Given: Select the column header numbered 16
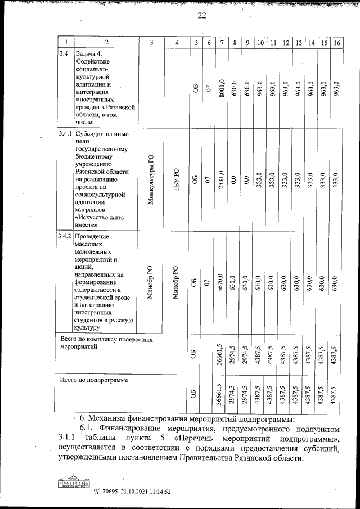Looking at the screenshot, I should [x=336, y=43].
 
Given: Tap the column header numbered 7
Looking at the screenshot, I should [x=222, y=43].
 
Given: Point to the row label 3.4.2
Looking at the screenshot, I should [x=65, y=236].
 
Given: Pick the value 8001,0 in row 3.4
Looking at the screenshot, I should [x=222, y=89].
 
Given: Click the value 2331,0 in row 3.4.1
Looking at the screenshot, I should [x=222, y=180].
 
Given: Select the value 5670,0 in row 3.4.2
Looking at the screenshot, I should [x=222, y=282].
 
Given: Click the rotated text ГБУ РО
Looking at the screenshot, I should [x=177, y=180].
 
